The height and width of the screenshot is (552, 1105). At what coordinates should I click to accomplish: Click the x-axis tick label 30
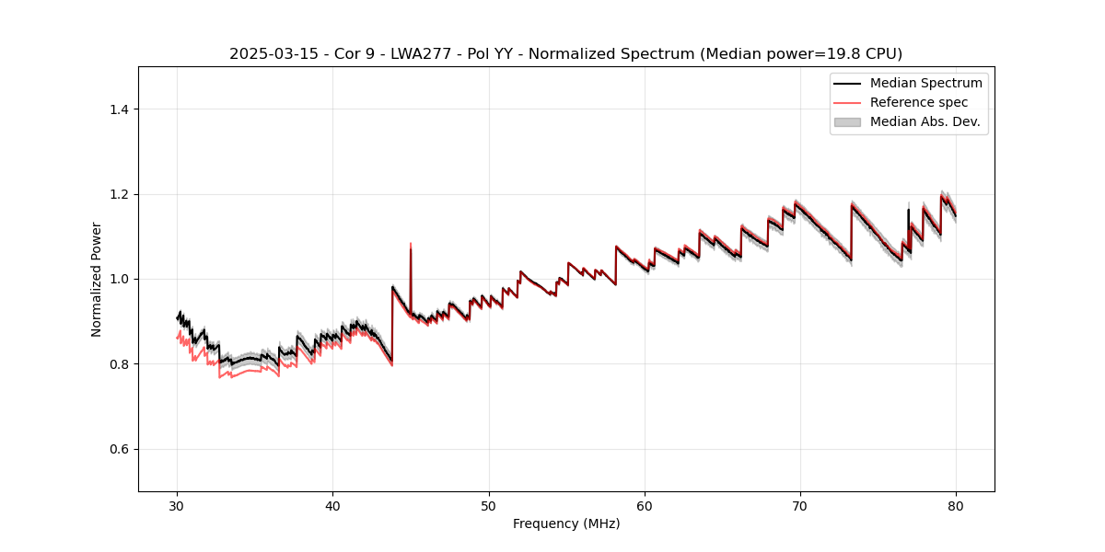coord(177,506)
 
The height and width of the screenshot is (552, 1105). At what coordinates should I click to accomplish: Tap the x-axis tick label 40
coord(332,506)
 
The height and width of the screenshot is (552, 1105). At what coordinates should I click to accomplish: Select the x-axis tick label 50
coord(488,506)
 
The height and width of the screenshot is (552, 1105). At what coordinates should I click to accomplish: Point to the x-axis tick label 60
coord(645,506)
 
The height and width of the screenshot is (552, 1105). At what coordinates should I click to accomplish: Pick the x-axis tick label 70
coord(800,506)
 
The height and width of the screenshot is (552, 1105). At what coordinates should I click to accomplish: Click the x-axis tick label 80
coord(956,506)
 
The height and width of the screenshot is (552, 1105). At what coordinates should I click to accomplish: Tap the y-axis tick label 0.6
coord(119,449)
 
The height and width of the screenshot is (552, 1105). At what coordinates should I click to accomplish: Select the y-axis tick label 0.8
coord(119,364)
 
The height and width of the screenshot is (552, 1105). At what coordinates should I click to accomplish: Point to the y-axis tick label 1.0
coord(119,279)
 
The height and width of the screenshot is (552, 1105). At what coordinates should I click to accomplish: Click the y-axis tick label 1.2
coord(119,194)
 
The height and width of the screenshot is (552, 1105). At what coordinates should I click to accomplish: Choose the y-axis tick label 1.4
coord(119,109)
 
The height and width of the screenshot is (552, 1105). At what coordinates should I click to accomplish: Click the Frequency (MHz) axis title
coord(566,523)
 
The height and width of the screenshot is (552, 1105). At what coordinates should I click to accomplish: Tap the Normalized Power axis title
coord(97,279)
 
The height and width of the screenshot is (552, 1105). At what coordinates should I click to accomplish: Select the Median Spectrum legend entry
coord(925,83)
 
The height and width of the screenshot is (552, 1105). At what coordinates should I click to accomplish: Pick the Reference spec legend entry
coord(918,102)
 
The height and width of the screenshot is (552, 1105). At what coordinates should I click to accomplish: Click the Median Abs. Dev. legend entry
coord(925,121)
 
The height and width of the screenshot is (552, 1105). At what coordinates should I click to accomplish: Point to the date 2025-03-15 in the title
coord(268,54)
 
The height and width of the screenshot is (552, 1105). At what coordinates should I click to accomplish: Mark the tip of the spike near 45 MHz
coord(411,244)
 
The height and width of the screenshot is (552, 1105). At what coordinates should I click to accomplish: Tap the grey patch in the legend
coord(847,121)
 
